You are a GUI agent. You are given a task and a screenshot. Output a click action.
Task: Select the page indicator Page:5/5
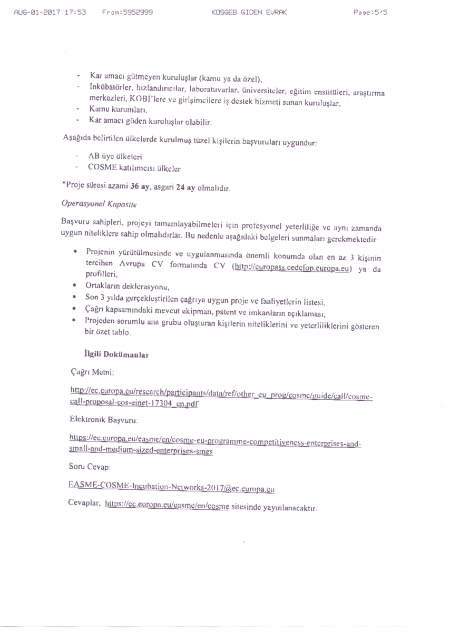pyautogui.click(x=370, y=12)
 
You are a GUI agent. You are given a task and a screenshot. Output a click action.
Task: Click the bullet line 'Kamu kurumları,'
pyautogui.click(x=117, y=109)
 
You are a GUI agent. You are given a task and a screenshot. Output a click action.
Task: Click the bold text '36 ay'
pyautogui.click(x=139, y=187)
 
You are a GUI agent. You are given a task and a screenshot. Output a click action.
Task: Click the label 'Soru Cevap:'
pyautogui.click(x=90, y=467)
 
